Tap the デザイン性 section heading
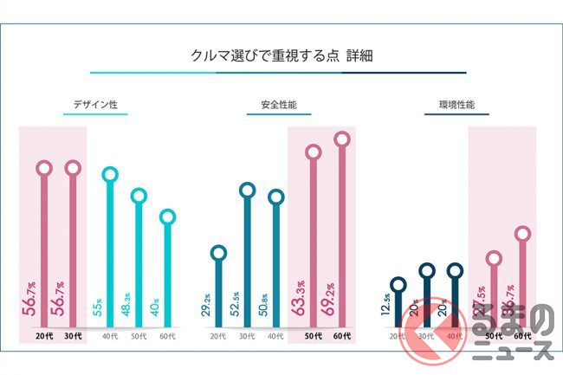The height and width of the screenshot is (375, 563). [95, 107]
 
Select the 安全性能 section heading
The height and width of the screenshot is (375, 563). [278, 107]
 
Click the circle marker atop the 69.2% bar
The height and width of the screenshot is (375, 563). [342, 139]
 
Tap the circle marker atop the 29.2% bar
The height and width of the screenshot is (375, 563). [218, 253]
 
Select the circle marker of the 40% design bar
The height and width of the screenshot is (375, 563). [167, 217]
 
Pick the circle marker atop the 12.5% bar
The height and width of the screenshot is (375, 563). [398, 284]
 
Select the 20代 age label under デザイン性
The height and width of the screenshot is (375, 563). [44, 335]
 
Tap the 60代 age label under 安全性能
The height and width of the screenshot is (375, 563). [342, 335]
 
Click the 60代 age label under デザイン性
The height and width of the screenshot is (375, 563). [167, 335]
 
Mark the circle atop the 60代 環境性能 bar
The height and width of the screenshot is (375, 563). [522, 233]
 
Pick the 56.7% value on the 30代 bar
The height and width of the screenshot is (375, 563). [73, 299]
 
